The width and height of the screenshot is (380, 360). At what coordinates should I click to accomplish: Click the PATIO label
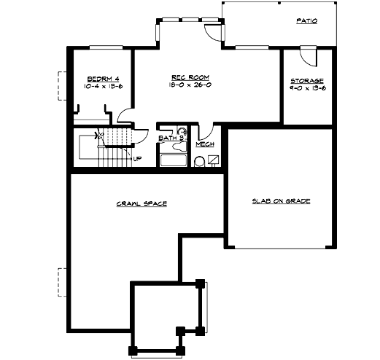(306, 21)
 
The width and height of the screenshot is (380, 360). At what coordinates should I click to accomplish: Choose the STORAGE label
(307, 80)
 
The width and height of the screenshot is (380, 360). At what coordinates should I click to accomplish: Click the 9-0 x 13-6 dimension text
(307, 88)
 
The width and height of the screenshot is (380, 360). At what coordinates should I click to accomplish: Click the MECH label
(203, 144)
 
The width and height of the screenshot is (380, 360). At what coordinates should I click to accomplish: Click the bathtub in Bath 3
(174, 160)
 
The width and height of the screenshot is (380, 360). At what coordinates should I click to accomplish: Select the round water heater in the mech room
(199, 162)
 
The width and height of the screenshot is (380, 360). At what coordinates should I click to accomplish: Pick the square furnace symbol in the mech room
(214, 160)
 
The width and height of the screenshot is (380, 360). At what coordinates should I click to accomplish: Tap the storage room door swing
(309, 57)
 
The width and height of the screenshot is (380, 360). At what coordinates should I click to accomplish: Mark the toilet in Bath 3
(182, 133)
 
